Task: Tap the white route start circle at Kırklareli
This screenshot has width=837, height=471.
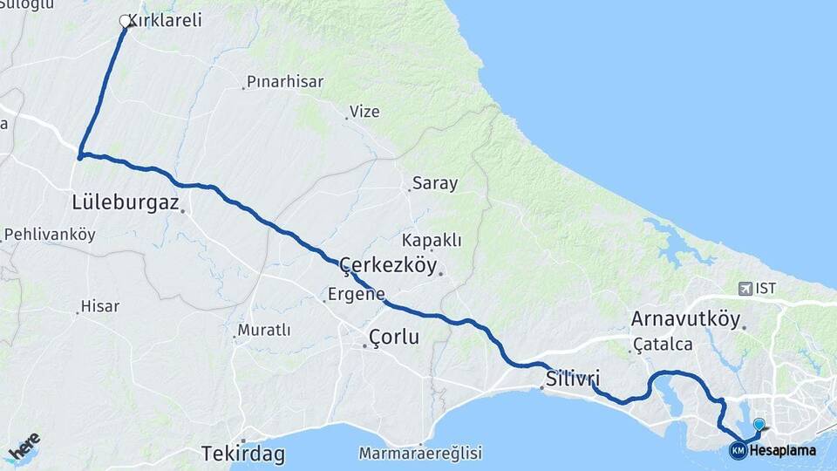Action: click(125, 20)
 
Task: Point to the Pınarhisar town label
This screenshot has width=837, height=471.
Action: click(285, 82)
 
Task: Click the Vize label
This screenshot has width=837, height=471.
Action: click(364, 112)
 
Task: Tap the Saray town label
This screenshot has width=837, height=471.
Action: click(435, 183)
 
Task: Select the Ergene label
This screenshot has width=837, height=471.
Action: click(356, 294)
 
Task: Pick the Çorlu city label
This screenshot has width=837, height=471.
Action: click(394, 336)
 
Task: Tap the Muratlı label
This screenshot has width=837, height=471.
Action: click(264, 330)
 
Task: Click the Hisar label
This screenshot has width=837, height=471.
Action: click(99, 306)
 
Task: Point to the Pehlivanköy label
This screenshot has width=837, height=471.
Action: click(50, 235)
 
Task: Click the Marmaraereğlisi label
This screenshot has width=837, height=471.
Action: click(420, 454)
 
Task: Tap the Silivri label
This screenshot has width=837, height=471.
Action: click(573, 379)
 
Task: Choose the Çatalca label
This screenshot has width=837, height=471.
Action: click(663, 344)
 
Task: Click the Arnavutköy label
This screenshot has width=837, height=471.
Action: click(685, 317)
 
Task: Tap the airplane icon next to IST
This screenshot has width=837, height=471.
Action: click(745, 288)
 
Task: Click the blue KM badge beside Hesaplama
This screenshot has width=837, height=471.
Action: click(738, 450)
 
